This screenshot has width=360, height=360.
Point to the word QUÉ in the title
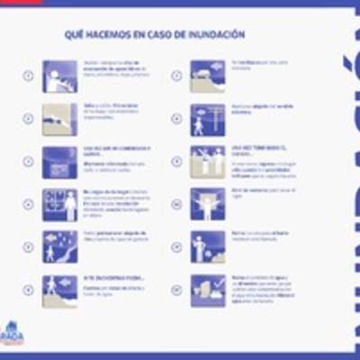click(x=73, y=34)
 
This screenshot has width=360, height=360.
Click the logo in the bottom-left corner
click(x=13, y=334)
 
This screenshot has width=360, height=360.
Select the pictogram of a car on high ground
click(x=207, y=76)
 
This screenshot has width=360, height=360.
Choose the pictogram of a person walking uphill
click(x=59, y=290)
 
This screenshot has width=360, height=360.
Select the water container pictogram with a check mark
click(x=207, y=290)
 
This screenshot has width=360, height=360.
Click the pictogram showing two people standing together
click(x=207, y=161)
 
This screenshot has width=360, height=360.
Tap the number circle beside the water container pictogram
click(x=175, y=290)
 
